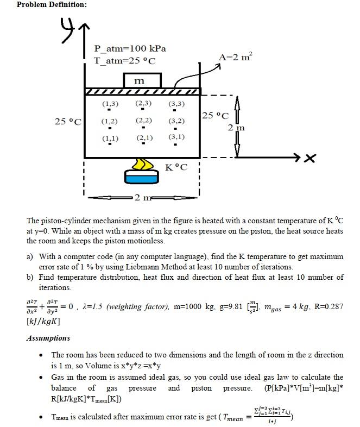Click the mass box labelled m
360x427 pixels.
pos(142,80)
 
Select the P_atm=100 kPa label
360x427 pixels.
pos(130,48)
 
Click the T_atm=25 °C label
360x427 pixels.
pos(125,60)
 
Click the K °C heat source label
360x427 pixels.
pos(176,167)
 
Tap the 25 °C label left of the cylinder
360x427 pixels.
pos(67,121)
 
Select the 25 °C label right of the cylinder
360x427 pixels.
pos(216,115)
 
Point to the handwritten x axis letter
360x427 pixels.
pos(310,158)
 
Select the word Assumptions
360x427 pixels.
pos(48,338)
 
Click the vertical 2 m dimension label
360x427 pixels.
pos(236,128)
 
